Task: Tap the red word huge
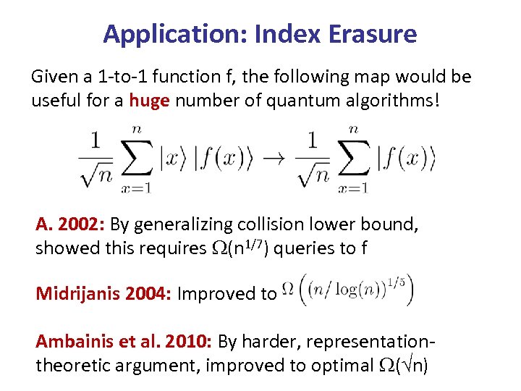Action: pyautogui.click(x=149, y=99)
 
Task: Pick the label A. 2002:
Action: pyautogui.click(x=70, y=224)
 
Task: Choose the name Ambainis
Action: pyautogui.click(x=71, y=341)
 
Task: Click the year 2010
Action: pyautogui.click(x=182, y=341)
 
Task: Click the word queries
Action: pyautogui.click(x=303, y=248)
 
